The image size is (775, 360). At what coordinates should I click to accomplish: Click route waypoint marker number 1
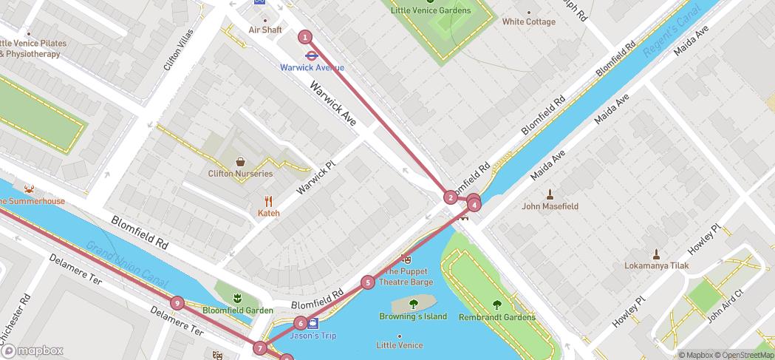304,37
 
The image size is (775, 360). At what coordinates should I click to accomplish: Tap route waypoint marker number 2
451,197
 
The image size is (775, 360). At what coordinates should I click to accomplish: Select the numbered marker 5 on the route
367,282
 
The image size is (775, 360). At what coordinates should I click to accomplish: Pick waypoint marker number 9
177,302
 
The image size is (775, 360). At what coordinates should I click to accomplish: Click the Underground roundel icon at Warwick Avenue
311,54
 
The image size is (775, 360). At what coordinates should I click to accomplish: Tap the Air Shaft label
265,30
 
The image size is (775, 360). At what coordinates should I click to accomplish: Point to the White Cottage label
528,22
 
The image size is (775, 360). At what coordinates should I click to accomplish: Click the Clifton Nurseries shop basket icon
241,161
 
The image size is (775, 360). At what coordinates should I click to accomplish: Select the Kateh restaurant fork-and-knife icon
269,200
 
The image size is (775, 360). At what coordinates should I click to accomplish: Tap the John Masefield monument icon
550,194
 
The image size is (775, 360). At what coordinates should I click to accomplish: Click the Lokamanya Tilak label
656,265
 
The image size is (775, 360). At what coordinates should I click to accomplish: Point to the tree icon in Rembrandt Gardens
496,304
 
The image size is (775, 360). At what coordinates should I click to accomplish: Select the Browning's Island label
413,316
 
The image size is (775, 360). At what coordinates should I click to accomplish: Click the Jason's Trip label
313,336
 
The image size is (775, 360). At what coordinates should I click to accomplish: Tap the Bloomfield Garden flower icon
237,298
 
